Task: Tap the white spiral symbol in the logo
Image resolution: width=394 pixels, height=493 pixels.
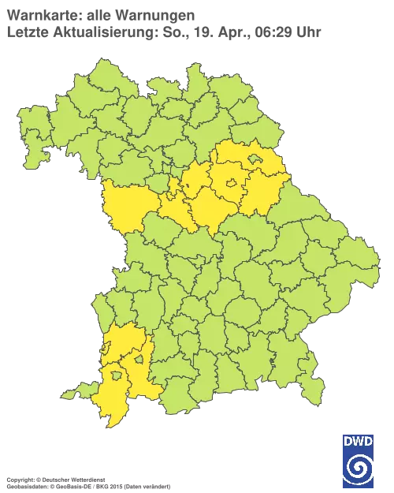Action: (x=358, y=469)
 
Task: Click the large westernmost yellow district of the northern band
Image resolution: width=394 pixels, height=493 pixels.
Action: (x=126, y=205)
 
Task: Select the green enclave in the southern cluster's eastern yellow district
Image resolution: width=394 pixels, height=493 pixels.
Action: (x=139, y=360)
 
